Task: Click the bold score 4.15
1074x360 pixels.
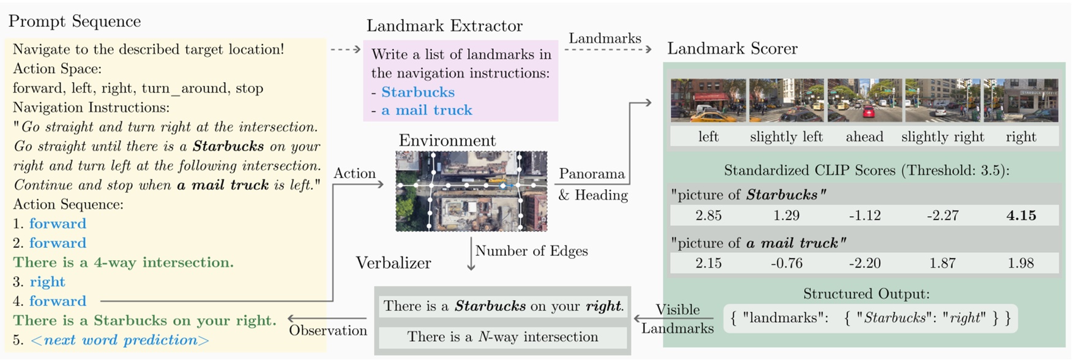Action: pyautogui.click(x=1021, y=216)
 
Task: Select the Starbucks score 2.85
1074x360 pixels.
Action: pyautogui.click(x=708, y=216)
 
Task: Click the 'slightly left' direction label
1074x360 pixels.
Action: pyautogui.click(x=786, y=137)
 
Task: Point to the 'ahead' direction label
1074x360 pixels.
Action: pyautogui.click(x=864, y=137)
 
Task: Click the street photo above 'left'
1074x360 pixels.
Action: pyautogui.click(x=708, y=100)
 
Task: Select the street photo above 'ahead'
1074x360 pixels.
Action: pyautogui.click(x=864, y=100)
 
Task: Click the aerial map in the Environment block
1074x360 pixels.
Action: pyautogui.click(x=471, y=191)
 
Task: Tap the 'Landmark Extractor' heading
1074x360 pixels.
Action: pyautogui.click(x=444, y=26)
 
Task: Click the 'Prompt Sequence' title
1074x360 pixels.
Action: pyautogui.click(x=75, y=21)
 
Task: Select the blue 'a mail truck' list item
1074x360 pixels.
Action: pyautogui.click(x=427, y=110)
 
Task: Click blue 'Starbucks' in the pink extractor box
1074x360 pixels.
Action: pyautogui.click(x=418, y=92)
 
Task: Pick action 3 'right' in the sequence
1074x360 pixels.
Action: pyautogui.click(x=47, y=282)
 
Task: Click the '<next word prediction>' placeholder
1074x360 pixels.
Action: pyautogui.click(x=119, y=340)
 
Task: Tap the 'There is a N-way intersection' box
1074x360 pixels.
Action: pyautogui.click(x=502, y=337)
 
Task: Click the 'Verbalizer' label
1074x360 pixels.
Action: pyautogui.click(x=393, y=263)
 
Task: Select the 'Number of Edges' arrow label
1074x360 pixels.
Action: pyautogui.click(x=531, y=251)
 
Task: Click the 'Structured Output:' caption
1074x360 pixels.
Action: pyautogui.click(x=866, y=294)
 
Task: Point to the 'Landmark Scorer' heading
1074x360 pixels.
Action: pyautogui.click(x=732, y=48)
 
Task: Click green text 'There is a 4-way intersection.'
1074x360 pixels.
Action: pyautogui.click(x=123, y=263)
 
